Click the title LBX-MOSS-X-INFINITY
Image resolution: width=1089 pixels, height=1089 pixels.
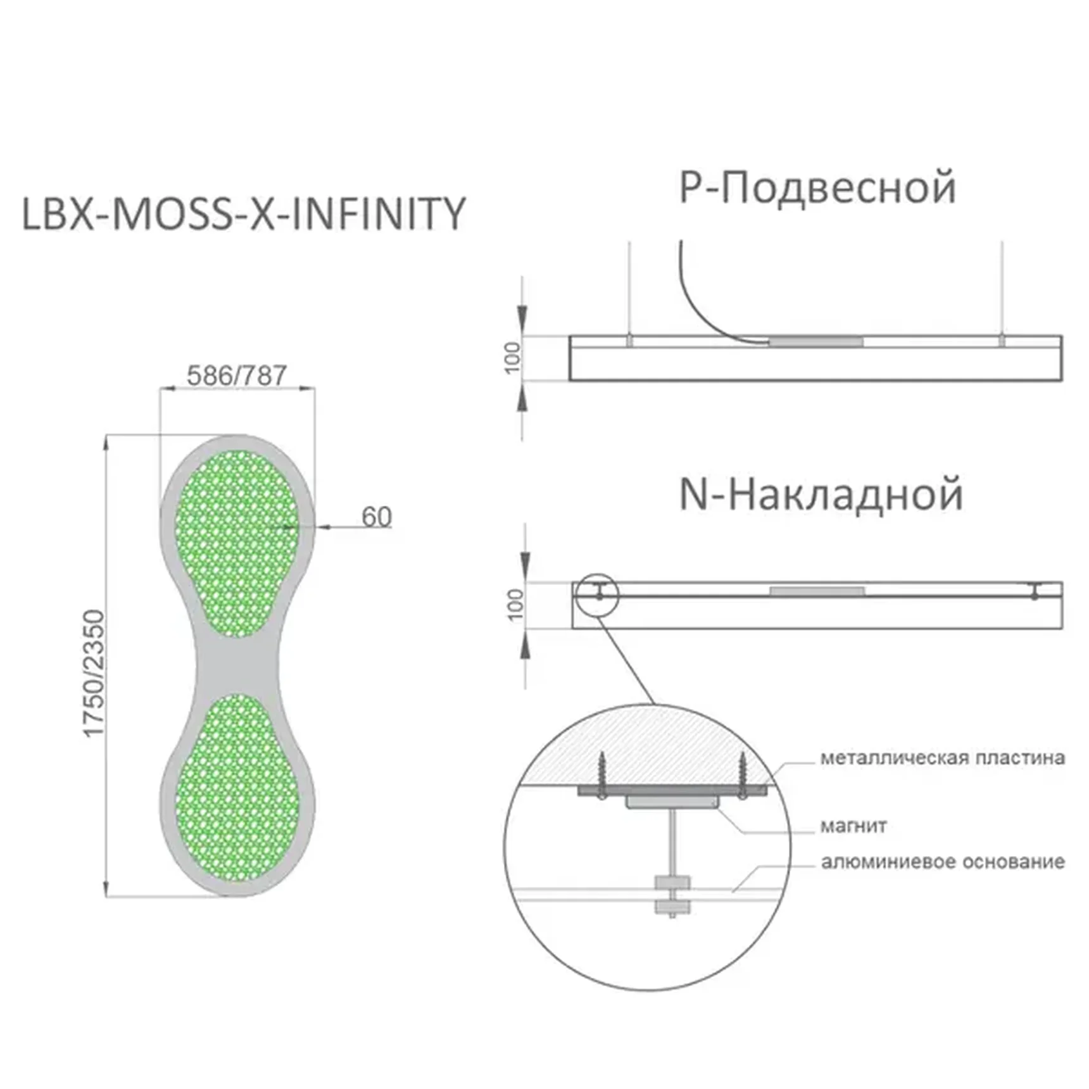click(244, 214)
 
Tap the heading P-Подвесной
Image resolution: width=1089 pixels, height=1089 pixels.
click(817, 187)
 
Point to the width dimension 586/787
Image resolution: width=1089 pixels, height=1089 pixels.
click(237, 375)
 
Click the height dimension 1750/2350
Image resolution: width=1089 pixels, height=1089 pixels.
click(93, 673)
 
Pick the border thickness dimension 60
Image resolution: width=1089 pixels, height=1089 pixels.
click(377, 517)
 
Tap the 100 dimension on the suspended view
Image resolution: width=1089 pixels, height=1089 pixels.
click(512, 358)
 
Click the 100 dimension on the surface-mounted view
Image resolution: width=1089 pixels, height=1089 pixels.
click(516, 605)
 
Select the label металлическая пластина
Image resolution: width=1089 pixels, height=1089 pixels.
click(943, 758)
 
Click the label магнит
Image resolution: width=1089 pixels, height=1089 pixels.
click(853, 826)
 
